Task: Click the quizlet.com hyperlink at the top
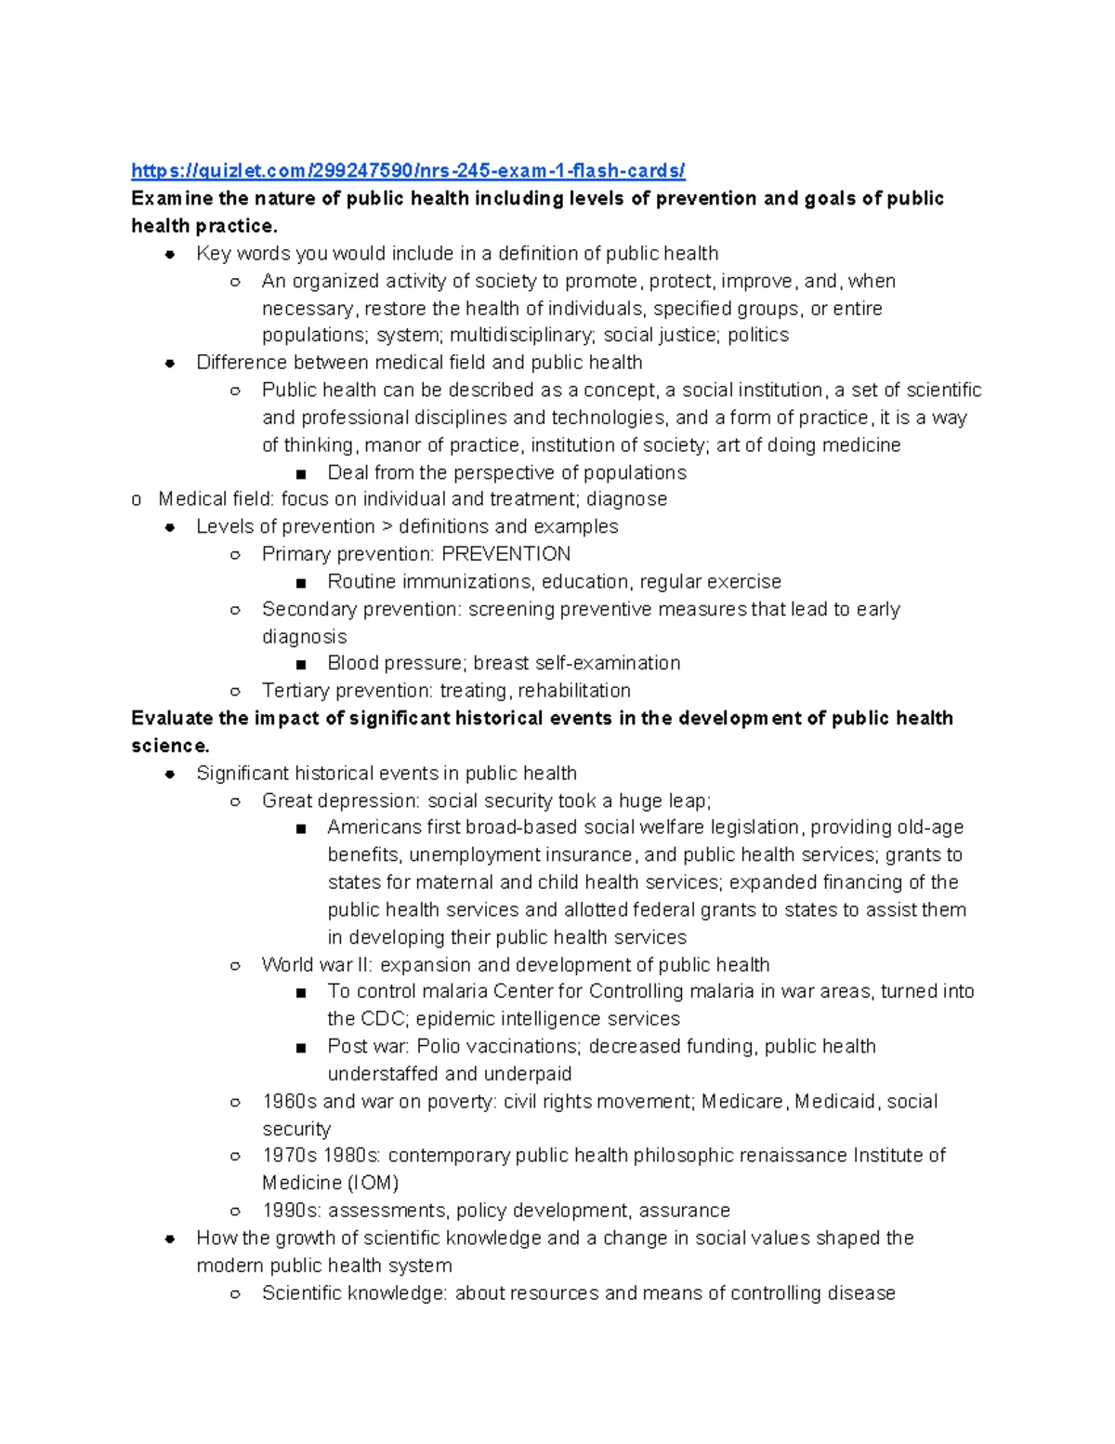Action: coord(408,170)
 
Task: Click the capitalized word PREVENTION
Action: coord(505,554)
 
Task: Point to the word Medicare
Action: coord(742,1101)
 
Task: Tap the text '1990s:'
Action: coord(291,1211)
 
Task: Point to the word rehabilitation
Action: coord(574,691)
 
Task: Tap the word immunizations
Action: coord(453,582)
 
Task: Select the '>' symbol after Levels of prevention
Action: coord(387,527)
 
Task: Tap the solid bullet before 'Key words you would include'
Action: coord(170,254)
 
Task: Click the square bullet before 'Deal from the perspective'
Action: coord(301,473)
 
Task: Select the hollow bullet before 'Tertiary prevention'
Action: coord(235,691)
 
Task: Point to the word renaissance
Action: coord(793,1155)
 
